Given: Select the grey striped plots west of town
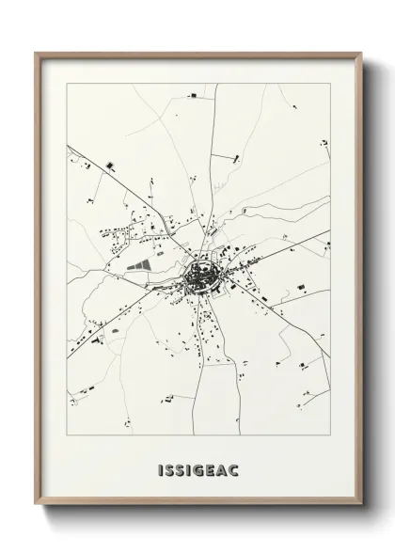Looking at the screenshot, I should pyautogui.click(x=137, y=264).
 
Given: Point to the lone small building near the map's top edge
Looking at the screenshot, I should pyautogui.click(x=193, y=96).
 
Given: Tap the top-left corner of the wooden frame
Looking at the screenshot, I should pyautogui.click(x=36, y=53).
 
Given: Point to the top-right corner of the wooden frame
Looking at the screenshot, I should pyautogui.click(x=362, y=53).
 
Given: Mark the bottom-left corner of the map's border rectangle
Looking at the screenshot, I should pyautogui.click(x=67, y=437).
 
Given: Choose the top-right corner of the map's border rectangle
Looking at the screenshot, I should pyautogui.click(x=331, y=84).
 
